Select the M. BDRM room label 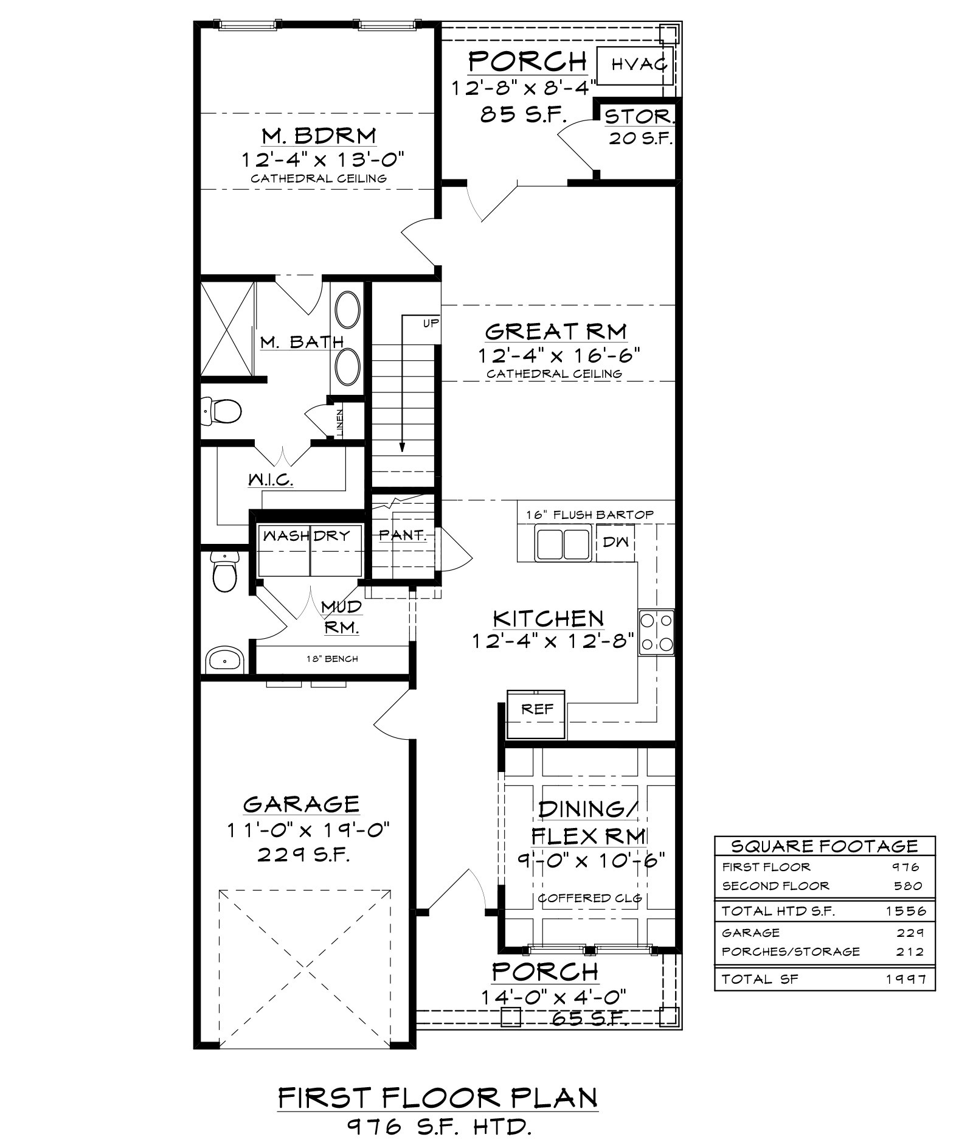[x=319, y=134]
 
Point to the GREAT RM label [x=556, y=332]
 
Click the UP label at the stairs [x=431, y=324]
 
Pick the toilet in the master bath [x=221, y=411]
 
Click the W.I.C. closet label [x=271, y=479]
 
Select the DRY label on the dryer [x=332, y=535]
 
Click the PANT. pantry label [x=402, y=535]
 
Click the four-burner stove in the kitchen [x=656, y=633]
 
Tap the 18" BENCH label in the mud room [x=332, y=659]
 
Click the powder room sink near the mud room [x=224, y=660]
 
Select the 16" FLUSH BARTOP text [x=590, y=515]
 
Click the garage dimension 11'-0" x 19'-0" [x=308, y=829]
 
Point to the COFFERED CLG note [x=590, y=898]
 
